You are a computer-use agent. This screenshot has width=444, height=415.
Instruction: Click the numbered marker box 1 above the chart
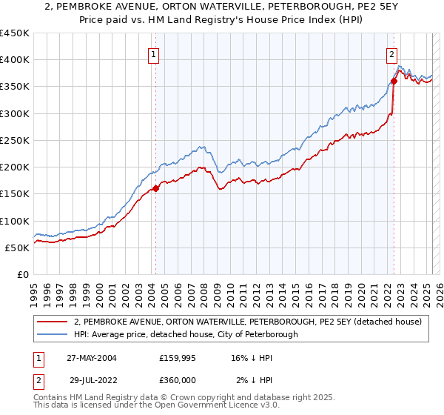pyautogui.click(x=153, y=53)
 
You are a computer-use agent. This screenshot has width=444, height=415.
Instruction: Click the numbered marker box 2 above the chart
pyautogui.click(x=391, y=53)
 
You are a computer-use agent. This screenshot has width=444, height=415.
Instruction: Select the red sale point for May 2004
pyautogui.click(x=156, y=188)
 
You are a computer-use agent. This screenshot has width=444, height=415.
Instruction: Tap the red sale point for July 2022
pyautogui.click(x=394, y=82)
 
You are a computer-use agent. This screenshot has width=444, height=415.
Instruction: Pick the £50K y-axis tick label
pyautogui.click(x=18, y=248)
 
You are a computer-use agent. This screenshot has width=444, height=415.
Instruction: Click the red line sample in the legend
pyautogui.click(x=53, y=322)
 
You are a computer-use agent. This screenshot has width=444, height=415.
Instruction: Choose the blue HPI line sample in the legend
pyautogui.click(x=53, y=334)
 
